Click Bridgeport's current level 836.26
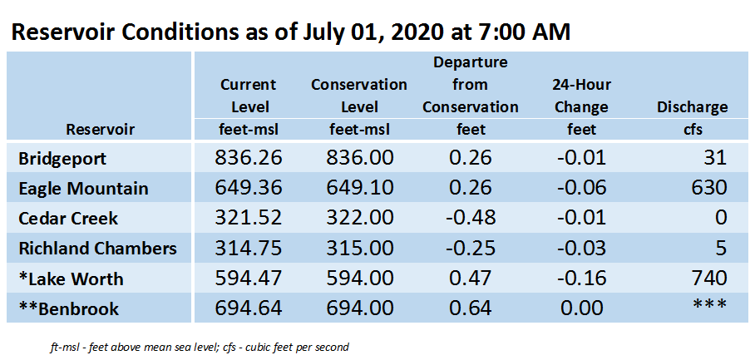[248, 158]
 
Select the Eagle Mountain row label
[83, 188]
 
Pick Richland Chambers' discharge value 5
[720, 249]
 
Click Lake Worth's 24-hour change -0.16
[580, 279]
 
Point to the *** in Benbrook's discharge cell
[710, 305]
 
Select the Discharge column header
[692, 107]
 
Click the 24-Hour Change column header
[582, 96]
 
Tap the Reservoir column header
[100, 130]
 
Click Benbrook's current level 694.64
[248, 308]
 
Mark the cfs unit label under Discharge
[693, 130]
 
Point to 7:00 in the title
[504, 32]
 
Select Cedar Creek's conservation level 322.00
[359, 218]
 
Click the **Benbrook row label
[69, 308]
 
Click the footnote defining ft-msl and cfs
[200, 347]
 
